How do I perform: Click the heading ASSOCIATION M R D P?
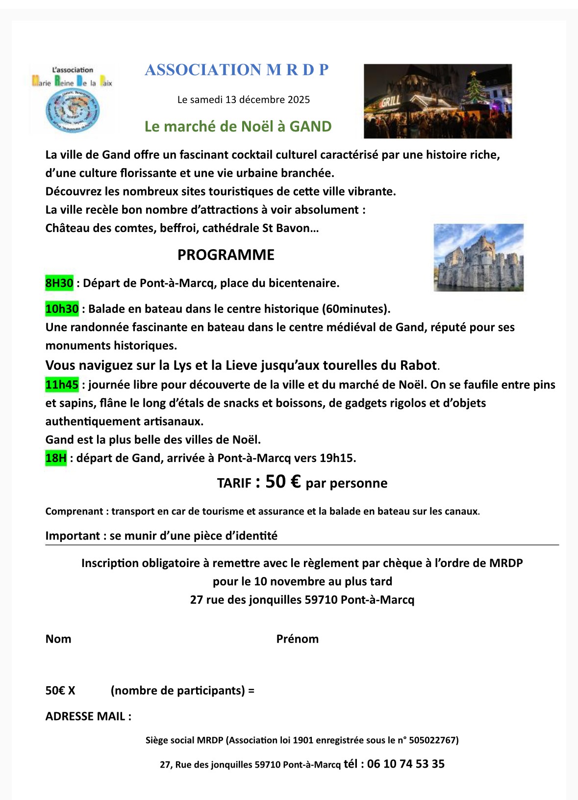pos(237,70)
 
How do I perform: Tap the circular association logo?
pos(72,112)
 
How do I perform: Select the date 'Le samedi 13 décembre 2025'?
pos(244,100)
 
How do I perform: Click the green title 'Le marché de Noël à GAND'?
pos(238,127)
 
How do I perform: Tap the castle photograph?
pos(478,258)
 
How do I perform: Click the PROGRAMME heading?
pos(226,255)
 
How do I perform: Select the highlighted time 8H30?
pos(59,283)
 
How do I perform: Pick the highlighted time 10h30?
pos(62,309)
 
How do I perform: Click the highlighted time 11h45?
pos(62,385)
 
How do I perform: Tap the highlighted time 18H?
pos(56,458)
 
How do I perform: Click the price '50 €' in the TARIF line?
pos(283,482)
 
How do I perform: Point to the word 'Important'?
pos(73,536)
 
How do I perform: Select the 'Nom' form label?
pos(58,639)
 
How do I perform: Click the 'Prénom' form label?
pos(297,639)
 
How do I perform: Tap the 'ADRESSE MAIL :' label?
pos(88,716)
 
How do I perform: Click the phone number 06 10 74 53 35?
pos(405,764)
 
